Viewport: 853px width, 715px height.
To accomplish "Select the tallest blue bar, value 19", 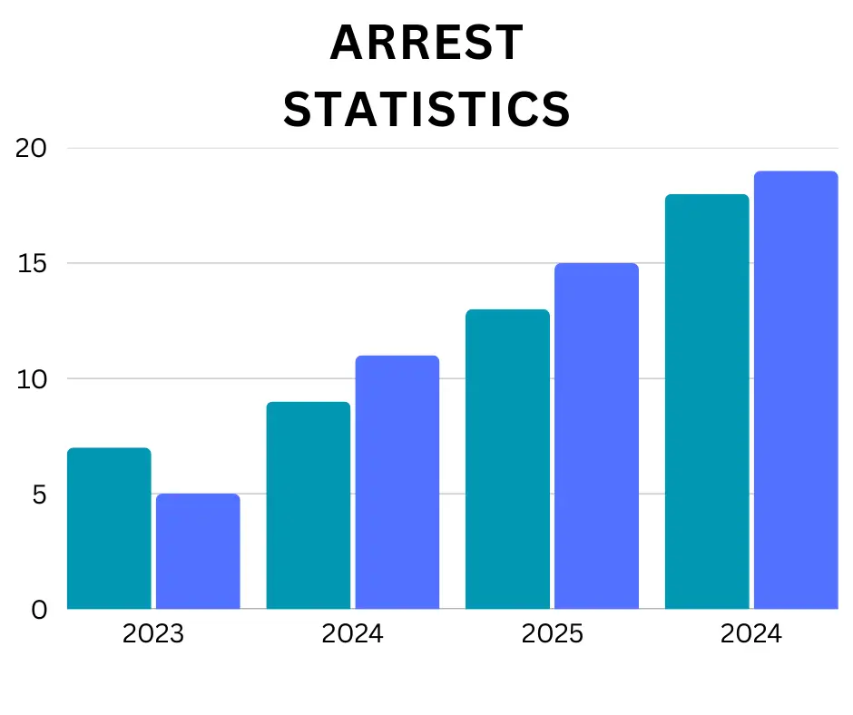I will coord(796,389).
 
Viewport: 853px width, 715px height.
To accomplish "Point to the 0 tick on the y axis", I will coord(38,610).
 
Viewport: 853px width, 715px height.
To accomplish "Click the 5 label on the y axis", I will coord(38,495).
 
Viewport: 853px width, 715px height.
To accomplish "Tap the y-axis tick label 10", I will coord(32,379).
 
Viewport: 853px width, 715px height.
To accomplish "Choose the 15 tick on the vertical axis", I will coord(32,264).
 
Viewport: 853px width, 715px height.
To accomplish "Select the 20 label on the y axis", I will coord(32,149).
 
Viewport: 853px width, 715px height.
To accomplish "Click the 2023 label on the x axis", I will coord(153,633).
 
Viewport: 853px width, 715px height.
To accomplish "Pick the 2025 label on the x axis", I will coord(552,633).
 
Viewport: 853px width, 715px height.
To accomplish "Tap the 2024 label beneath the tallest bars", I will coord(751,633).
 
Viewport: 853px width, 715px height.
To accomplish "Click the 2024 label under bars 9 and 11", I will coord(353,633).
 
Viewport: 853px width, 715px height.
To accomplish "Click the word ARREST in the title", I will coord(426,44).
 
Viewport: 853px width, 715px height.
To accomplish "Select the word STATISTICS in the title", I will coord(426,110).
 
